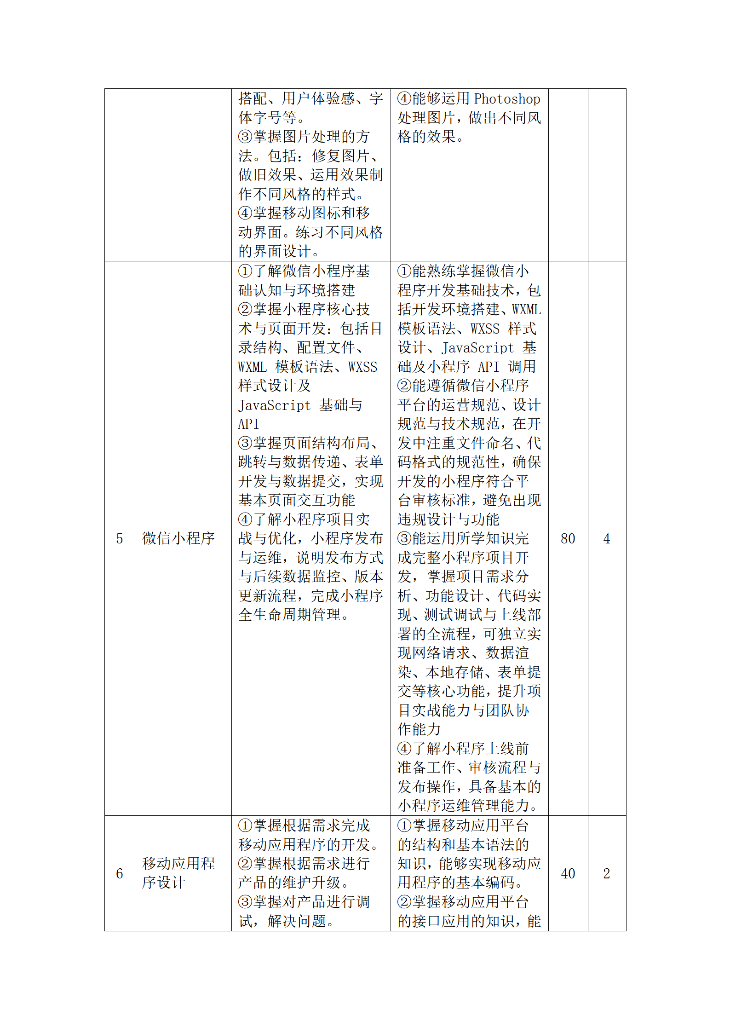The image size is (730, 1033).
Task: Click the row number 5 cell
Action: click(x=120, y=538)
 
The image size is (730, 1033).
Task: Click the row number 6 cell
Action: click(x=120, y=873)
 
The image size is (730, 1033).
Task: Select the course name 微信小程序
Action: click(x=178, y=538)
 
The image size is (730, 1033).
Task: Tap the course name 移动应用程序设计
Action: click(x=178, y=873)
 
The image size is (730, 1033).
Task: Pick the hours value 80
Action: click(x=568, y=538)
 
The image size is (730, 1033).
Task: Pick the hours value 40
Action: click(x=568, y=873)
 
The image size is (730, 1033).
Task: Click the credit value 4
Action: click(x=607, y=538)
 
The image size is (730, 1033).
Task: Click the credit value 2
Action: click(x=607, y=873)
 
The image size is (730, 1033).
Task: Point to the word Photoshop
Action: click(x=507, y=99)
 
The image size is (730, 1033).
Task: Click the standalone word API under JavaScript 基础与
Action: click(x=248, y=424)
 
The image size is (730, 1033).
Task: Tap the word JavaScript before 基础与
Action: click(x=275, y=405)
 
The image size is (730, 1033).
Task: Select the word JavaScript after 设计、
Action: click(x=477, y=347)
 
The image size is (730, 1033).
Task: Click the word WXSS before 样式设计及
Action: click(x=362, y=367)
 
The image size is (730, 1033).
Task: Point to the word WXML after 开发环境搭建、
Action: click(x=527, y=309)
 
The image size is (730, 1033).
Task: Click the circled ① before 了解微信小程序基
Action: click(x=245, y=271)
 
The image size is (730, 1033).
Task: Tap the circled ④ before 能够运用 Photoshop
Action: click(x=404, y=98)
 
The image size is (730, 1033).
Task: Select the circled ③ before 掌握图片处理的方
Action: click(x=245, y=137)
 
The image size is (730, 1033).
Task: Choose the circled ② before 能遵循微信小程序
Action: click(x=404, y=386)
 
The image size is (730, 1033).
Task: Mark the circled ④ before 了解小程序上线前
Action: click(x=404, y=749)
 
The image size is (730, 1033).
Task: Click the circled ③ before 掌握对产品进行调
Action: click(x=245, y=902)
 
